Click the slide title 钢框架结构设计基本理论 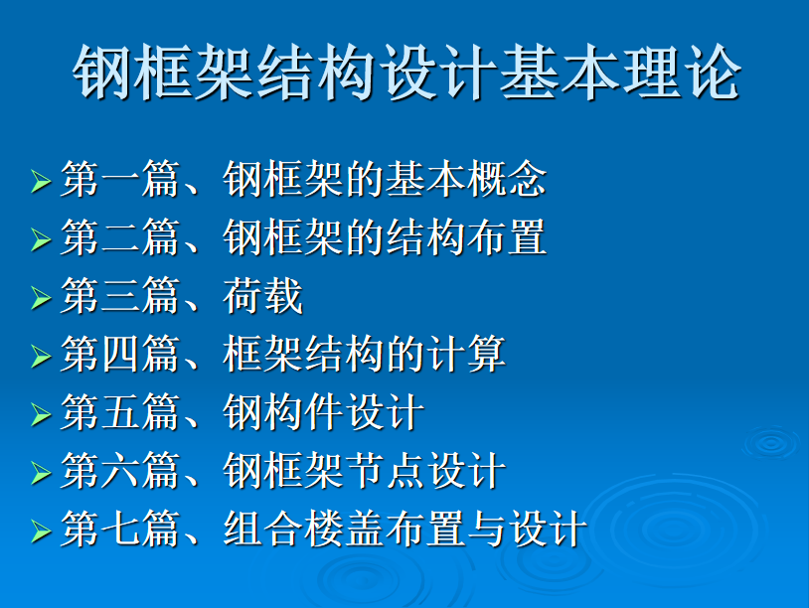click(x=406, y=72)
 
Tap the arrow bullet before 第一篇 click(x=41, y=182)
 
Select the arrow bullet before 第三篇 click(x=41, y=298)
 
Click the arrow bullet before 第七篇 click(x=41, y=532)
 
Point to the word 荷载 click(x=262, y=295)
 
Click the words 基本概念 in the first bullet click(x=466, y=179)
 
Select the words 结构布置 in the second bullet click(x=466, y=237)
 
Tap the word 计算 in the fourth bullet click(x=466, y=354)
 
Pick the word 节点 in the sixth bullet click(x=385, y=470)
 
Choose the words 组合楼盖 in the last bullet click(x=303, y=529)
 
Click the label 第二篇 click(x=120, y=237)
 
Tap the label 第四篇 click(x=120, y=354)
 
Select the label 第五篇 click(x=120, y=412)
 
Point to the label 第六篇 click(x=120, y=470)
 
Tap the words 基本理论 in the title click(x=620, y=72)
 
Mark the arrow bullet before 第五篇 click(x=41, y=414)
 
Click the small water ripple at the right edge click(x=772, y=442)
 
